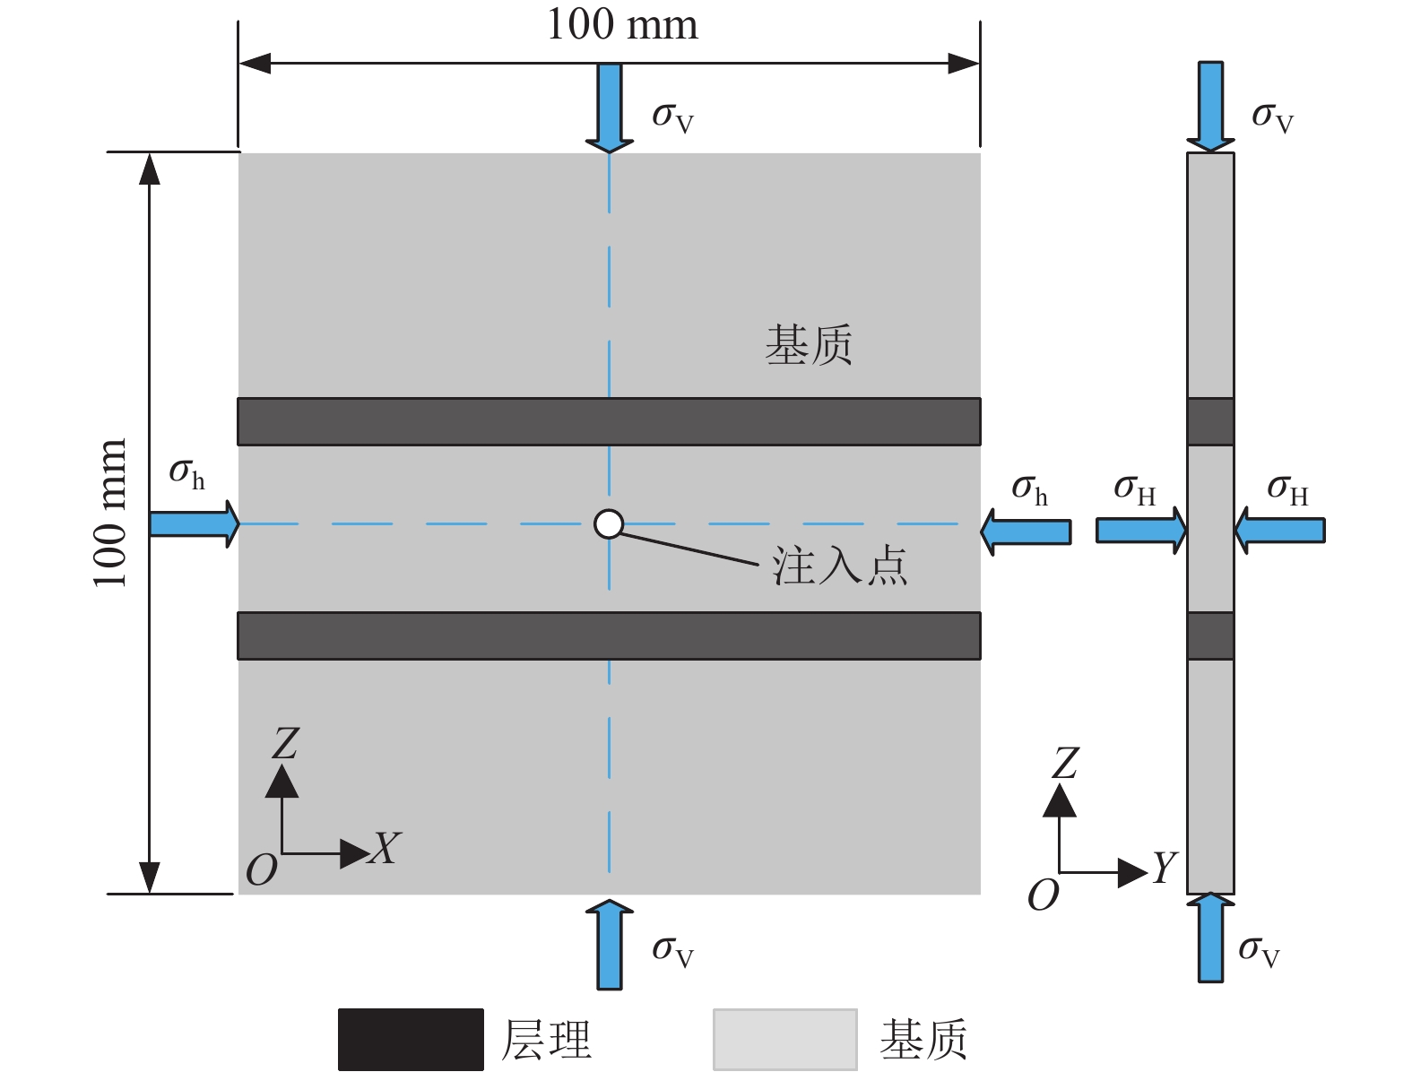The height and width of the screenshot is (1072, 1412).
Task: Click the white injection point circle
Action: (x=609, y=523)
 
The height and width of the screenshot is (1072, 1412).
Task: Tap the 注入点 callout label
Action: (x=839, y=566)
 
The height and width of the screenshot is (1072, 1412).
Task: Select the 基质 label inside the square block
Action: (x=808, y=345)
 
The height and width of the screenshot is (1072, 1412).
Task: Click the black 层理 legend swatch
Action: (x=411, y=1040)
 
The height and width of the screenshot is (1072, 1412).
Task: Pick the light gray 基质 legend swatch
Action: (x=784, y=1040)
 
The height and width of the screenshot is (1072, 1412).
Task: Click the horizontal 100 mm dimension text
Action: (x=622, y=25)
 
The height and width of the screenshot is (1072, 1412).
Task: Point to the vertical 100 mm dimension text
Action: (x=110, y=513)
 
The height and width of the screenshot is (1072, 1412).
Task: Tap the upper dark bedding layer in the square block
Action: (x=609, y=421)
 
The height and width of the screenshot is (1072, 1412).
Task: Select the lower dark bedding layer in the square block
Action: (x=609, y=635)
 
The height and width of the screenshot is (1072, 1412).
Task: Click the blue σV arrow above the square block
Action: (x=610, y=106)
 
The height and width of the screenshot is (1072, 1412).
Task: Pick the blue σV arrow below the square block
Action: (x=610, y=945)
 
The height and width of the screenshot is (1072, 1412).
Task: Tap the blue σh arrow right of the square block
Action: (x=1026, y=532)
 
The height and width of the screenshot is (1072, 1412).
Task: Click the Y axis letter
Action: (x=1164, y=868)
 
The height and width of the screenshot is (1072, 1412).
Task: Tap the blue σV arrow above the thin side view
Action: (x=1210, y=105)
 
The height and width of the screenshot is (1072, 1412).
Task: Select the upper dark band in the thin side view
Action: (x=1210, y=421)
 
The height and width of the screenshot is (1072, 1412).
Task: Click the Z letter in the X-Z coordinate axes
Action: (x=285, y=744)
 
